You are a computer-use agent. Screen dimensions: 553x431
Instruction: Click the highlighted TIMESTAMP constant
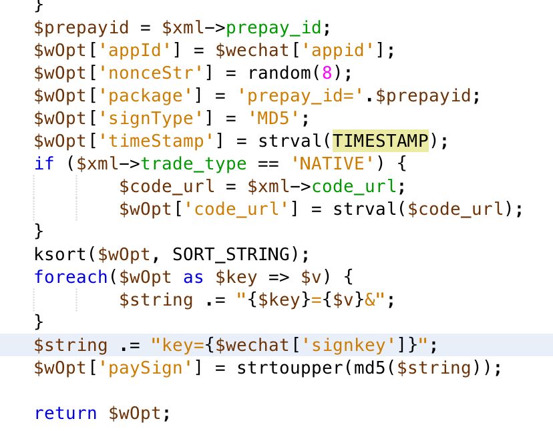tap(381, 141)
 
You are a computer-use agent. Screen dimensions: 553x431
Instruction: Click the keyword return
tap(65, 414)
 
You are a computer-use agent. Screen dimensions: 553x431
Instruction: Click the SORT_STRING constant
tap(233, 254)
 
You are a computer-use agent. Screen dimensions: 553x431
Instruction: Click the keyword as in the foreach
tap(194, 277)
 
